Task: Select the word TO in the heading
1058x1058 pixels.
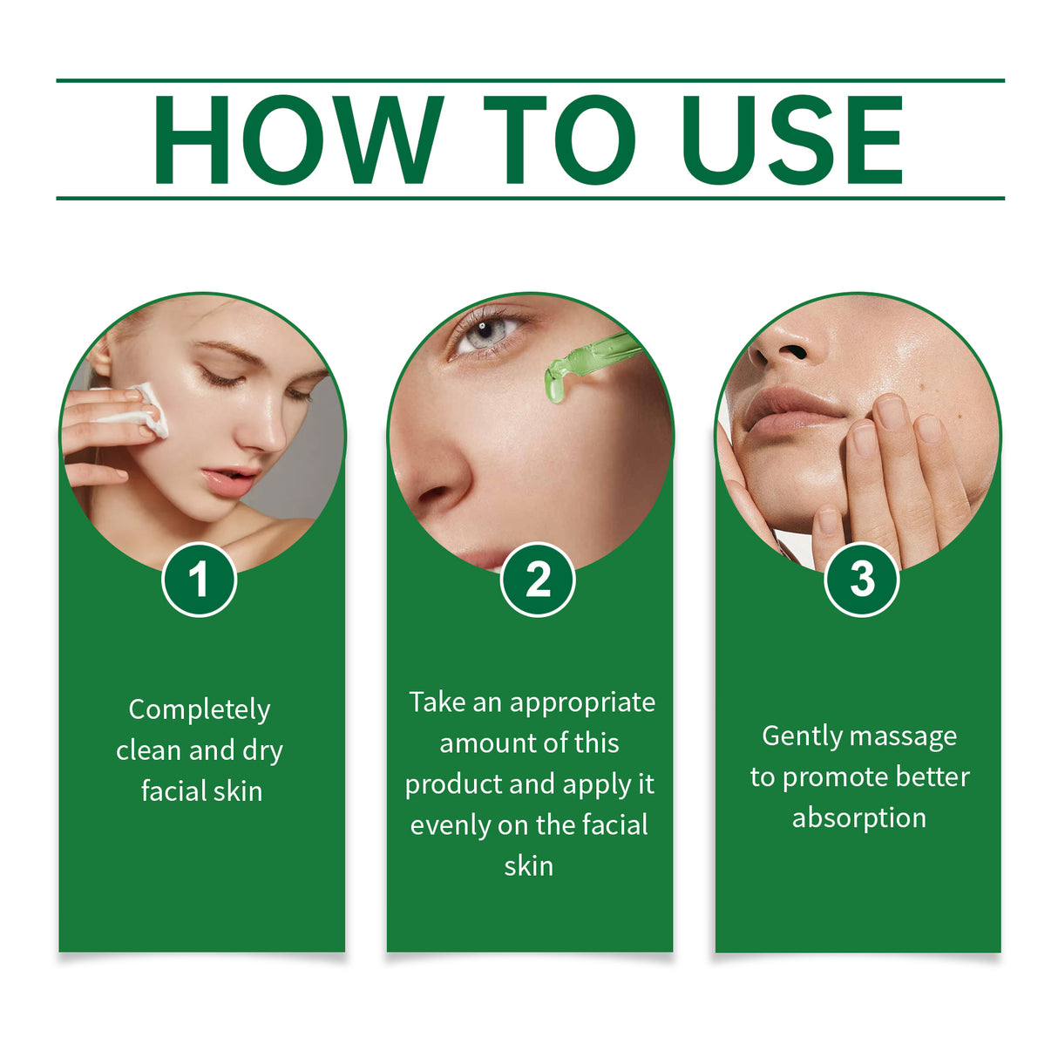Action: click(x=559, y=140)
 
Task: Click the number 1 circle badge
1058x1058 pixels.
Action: click(x=199, y=580)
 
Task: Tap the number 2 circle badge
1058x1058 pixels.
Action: click(x=538, y=580)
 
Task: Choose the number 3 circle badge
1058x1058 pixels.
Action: click(x=861, y=580)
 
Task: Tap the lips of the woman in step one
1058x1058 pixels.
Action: click(x=229, y=481)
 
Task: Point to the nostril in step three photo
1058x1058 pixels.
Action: click(x=790, y=352)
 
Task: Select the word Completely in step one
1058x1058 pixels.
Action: click(x=200, y=709)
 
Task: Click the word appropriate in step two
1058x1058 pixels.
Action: click(x=582, y=702)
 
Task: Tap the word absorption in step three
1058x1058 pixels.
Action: click(x=858, y=818)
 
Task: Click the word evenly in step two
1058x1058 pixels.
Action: click(x=450, y=825)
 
